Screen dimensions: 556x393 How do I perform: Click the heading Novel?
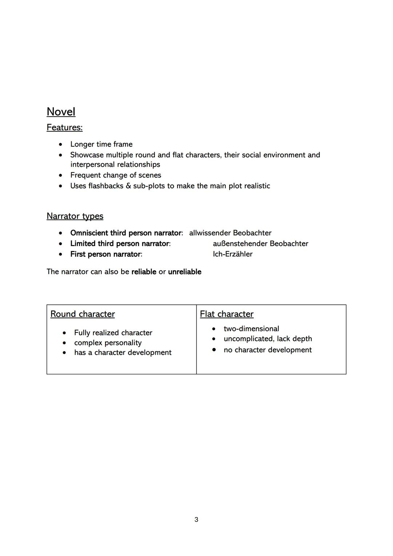click(x=61, y=112)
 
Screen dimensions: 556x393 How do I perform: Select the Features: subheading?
click(x=64, y=127)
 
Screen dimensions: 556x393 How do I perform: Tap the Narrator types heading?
click(x=75, y=216)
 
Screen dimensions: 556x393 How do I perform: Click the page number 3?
click(x=196, y=519)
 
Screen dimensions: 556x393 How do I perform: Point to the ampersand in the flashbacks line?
click(x=128, y=186)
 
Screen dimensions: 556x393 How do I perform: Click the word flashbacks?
click(x=106, y=186)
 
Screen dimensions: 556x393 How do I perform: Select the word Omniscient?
click(x=89, y=233)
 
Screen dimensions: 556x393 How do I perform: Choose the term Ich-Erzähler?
click(x=233, y=254)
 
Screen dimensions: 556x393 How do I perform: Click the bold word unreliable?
click(x=184, y=272)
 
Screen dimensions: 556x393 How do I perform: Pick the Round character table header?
click(x=83, y=314)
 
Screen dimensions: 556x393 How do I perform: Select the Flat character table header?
click(x=227, y=314)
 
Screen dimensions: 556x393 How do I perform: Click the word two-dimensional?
click(x=251, y=329)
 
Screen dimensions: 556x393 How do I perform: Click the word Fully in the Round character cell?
click(x=82, y=333)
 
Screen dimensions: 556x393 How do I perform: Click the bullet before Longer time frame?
click(x=61, y=145)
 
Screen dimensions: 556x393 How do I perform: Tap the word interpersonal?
click(x=92, y=165)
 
